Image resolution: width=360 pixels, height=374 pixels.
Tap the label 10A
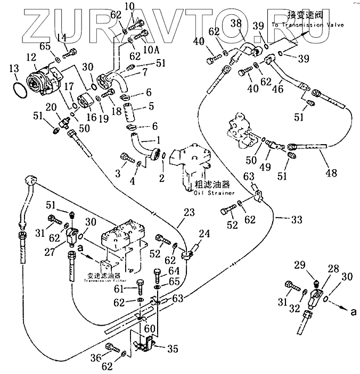coord(152,49)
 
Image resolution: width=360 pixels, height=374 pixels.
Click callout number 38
coord(236,23)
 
